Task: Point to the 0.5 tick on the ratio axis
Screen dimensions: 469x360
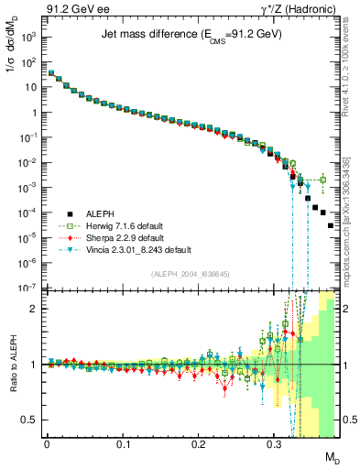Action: pos(32,420)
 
